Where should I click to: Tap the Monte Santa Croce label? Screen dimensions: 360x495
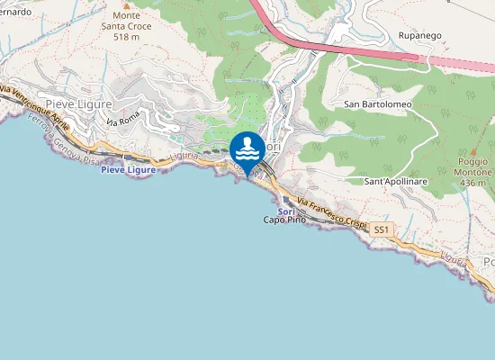pos(126,22)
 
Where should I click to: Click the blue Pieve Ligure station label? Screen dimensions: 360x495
pos(128,169)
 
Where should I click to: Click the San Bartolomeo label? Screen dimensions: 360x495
pos(378,104)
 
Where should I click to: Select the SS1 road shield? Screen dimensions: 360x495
pos(382,231)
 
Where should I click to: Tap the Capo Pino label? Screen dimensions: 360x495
pos(284,220)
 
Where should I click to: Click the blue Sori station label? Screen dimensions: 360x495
pos(286,211)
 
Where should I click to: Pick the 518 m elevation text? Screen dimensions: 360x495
pos(126,38)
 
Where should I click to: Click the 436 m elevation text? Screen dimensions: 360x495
pos(472,183)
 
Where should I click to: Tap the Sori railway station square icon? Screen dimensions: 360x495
pos(286,201)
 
